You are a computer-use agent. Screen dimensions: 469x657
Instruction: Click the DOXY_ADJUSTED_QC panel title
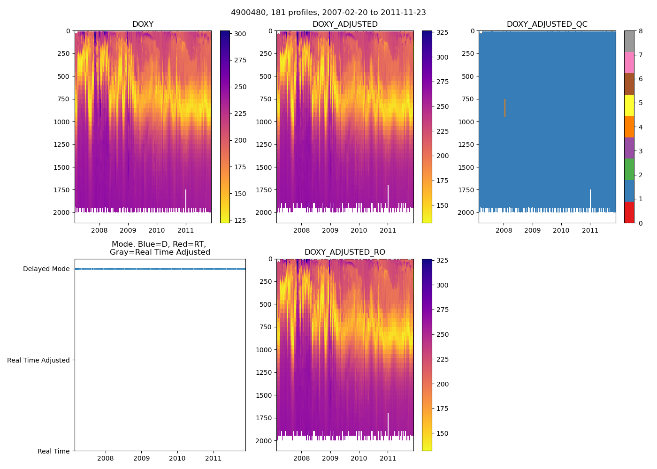(x=547, y=24)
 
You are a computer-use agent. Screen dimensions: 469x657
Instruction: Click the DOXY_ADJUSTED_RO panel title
(x=344, y=252)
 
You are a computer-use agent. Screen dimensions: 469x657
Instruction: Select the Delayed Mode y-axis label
(x=46, y=269)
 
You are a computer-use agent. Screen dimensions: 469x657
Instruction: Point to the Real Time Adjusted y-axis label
(x=38, y=360)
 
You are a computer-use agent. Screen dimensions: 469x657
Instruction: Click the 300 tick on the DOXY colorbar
(x=240, y=34)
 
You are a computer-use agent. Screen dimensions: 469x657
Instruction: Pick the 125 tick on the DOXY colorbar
(x=240, y=220)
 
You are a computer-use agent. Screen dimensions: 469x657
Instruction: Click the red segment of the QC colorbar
(x=629, y=212)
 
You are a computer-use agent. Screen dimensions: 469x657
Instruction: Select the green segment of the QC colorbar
(x=629, y=169)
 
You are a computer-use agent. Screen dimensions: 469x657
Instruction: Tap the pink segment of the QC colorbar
(x=629, y=62)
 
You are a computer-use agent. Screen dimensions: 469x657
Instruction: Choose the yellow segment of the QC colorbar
(x=629, y=105)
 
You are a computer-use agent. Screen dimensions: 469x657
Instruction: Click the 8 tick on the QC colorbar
(x=640, y=31)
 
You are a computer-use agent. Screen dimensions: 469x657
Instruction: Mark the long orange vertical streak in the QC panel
(x=505, y=108)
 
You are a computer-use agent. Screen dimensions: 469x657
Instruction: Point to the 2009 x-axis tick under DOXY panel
(x=128, y=230)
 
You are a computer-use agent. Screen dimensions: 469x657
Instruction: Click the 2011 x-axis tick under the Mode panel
(x=214, y=458)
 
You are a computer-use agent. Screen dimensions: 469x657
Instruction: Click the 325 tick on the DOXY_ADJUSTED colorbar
(x=442, y=33)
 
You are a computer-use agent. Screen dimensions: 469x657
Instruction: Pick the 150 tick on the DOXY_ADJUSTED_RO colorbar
(x=442, y=433)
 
